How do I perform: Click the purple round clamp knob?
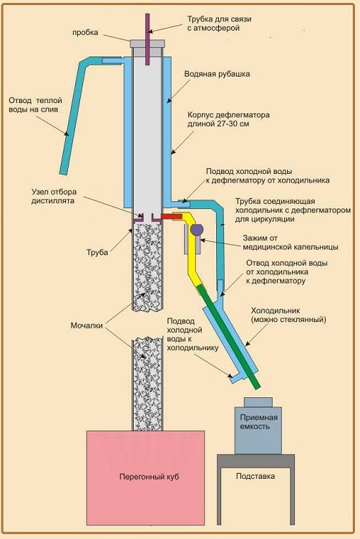[197, 228]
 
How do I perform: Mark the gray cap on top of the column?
[147, 44]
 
